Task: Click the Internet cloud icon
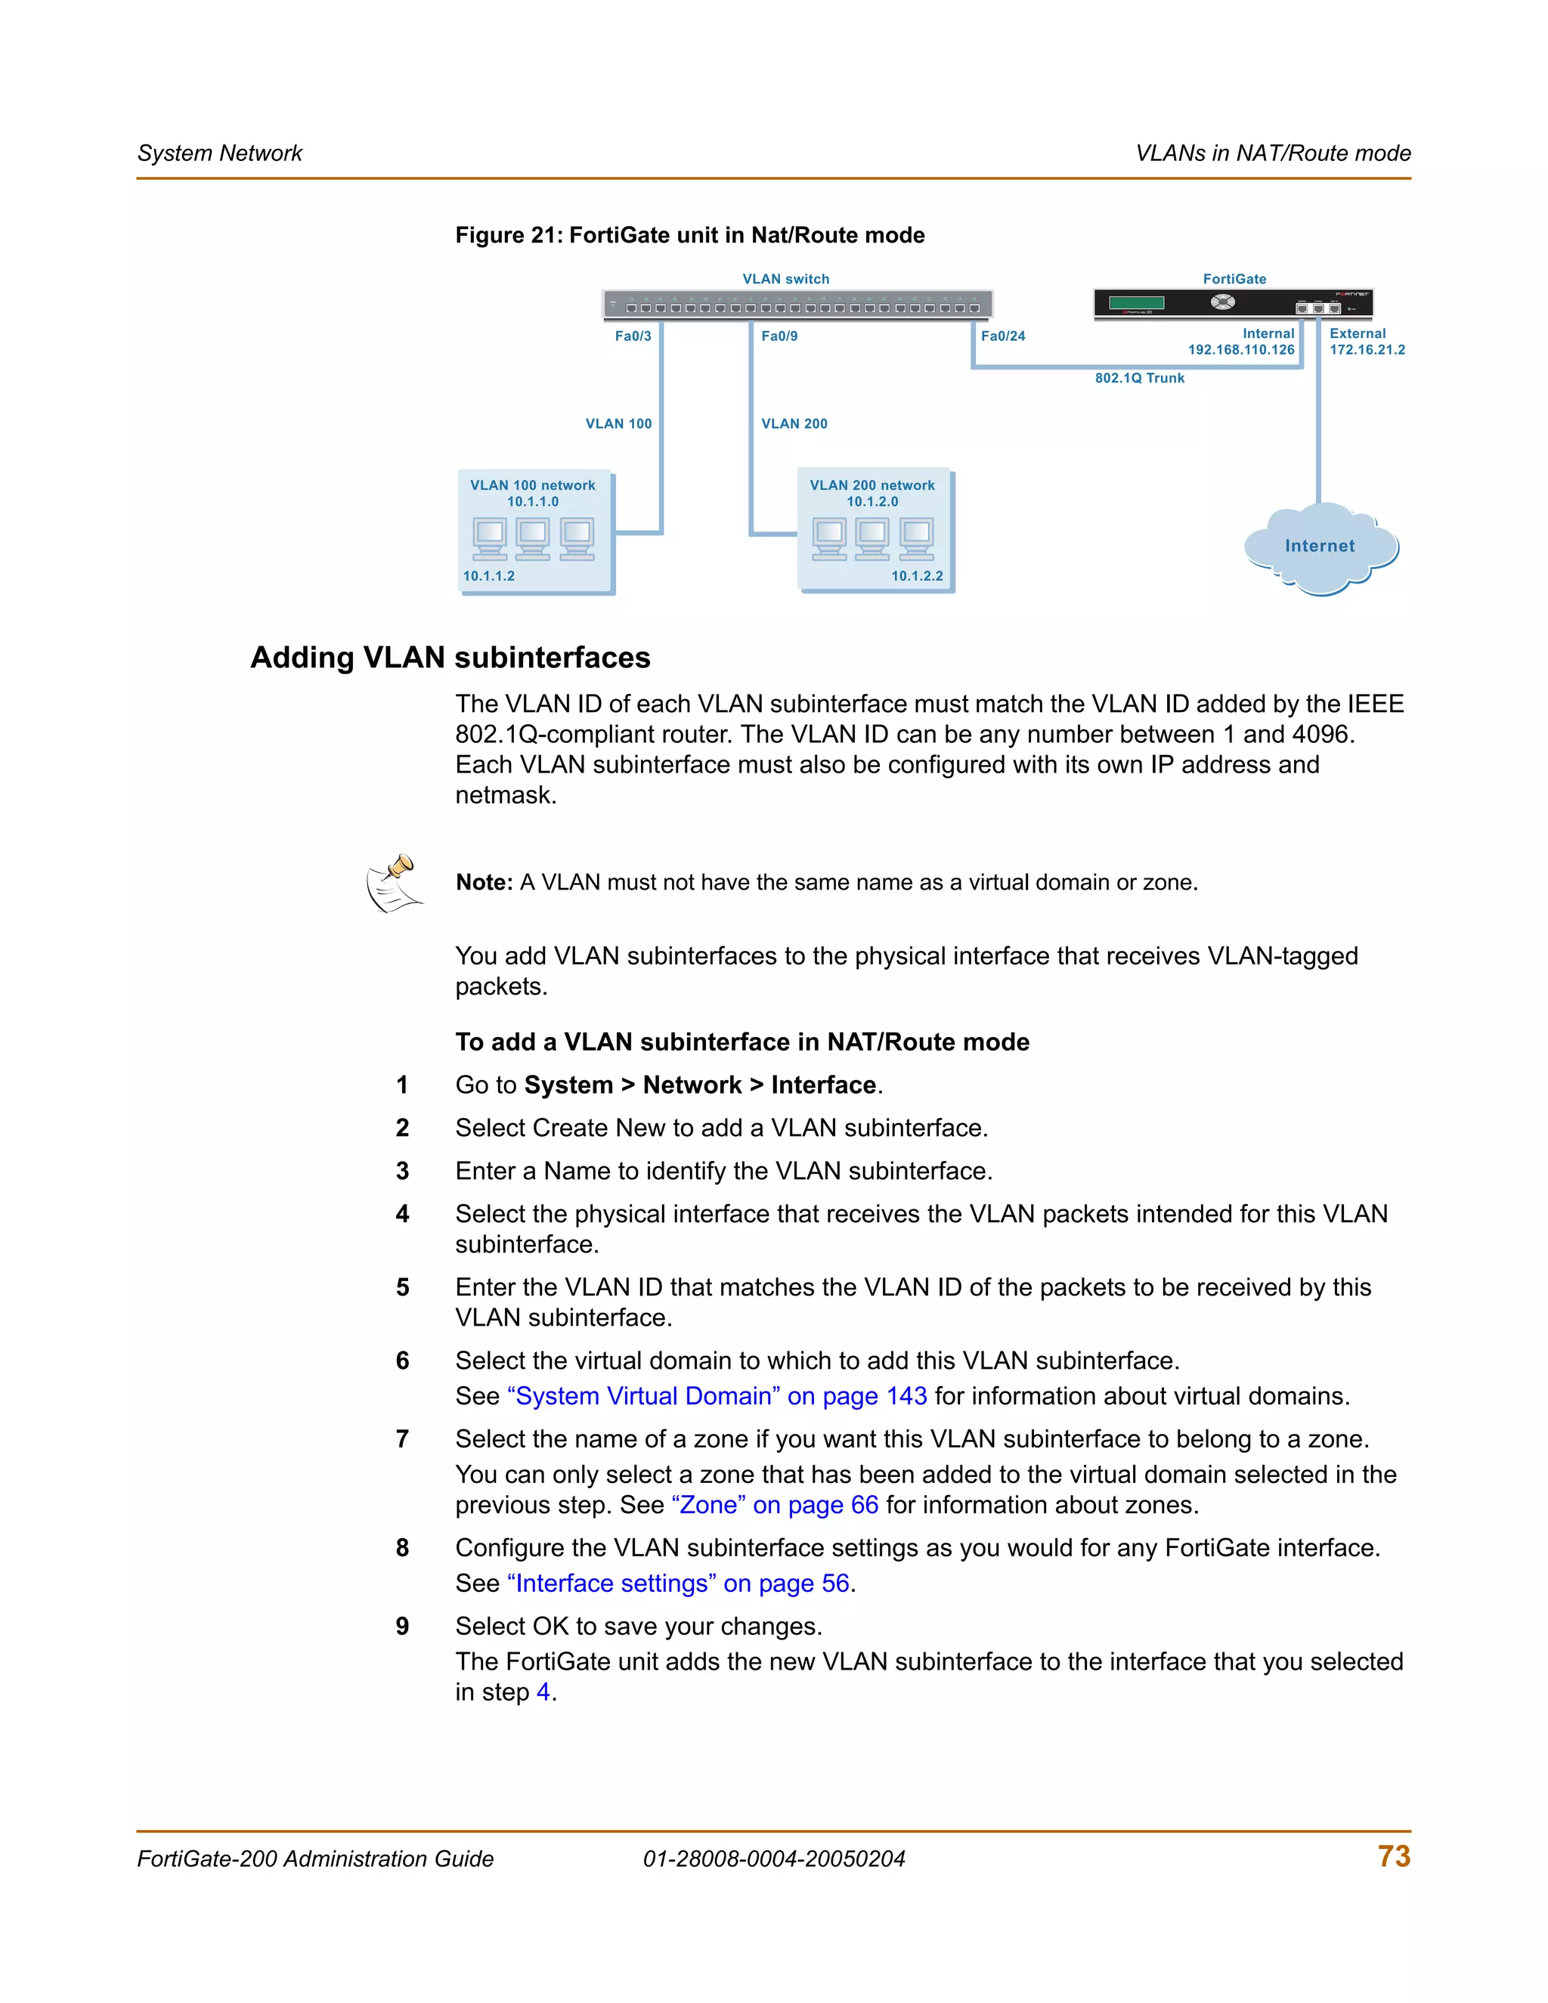pos(1320,547)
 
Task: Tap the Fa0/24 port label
pos(1002,336)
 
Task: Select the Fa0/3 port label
pos(633,336)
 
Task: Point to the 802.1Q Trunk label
pos(1139,378)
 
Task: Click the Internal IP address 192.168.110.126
pos(1241,349)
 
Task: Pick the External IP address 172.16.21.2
pos(1367,349)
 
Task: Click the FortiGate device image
pos(1233,304)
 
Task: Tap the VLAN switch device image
pos(797,305)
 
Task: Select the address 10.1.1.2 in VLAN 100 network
pos(489,576)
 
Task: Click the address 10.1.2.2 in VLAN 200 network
pos(916,576)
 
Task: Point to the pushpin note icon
pos(395,883)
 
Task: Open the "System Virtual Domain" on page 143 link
pos(717,1396)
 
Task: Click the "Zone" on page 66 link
pos(774,1505)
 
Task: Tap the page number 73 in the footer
pos(1393,1856)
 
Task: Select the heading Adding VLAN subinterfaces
pos(450,658)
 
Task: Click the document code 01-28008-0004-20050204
pos(773,1859)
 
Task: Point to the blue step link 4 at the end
pos(543,1692)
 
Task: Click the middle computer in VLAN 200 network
pos(872,538)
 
